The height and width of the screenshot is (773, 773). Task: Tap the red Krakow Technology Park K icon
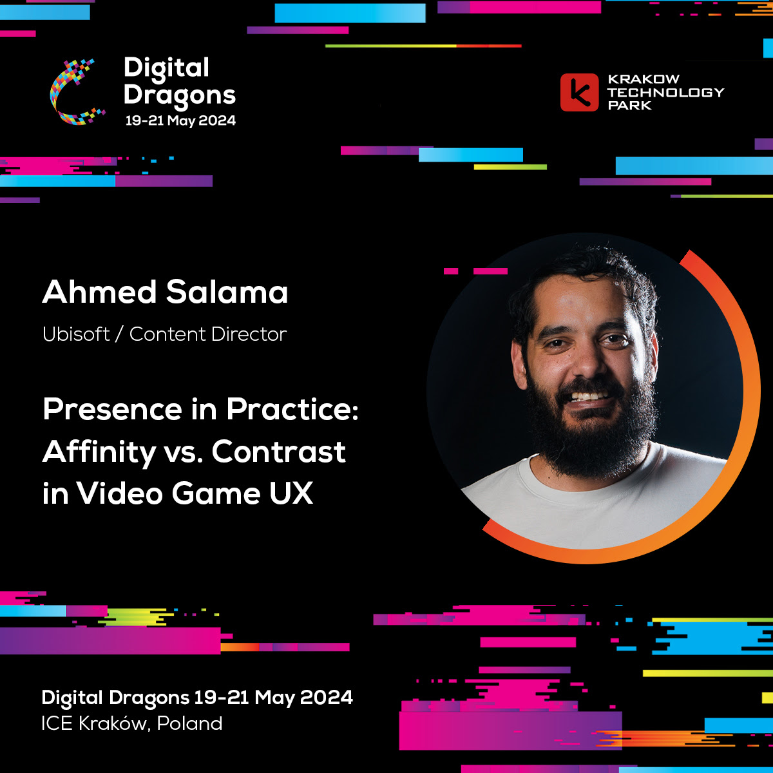point(579,92)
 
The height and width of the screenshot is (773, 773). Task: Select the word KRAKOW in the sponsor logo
point(644,79)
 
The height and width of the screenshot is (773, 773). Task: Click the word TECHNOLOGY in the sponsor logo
point(666,93)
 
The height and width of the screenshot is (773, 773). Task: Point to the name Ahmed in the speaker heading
point(99,292)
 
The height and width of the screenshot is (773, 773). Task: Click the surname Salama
point(227,292)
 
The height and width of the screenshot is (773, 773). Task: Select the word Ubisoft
point(76,334)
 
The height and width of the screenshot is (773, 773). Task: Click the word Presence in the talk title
point(112,409)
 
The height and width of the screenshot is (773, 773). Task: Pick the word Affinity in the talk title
point(99,452)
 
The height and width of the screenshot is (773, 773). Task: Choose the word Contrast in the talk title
point(278,452)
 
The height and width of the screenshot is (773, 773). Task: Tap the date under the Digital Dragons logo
point(180,120)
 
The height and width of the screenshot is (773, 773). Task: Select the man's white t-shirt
point(594,510)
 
